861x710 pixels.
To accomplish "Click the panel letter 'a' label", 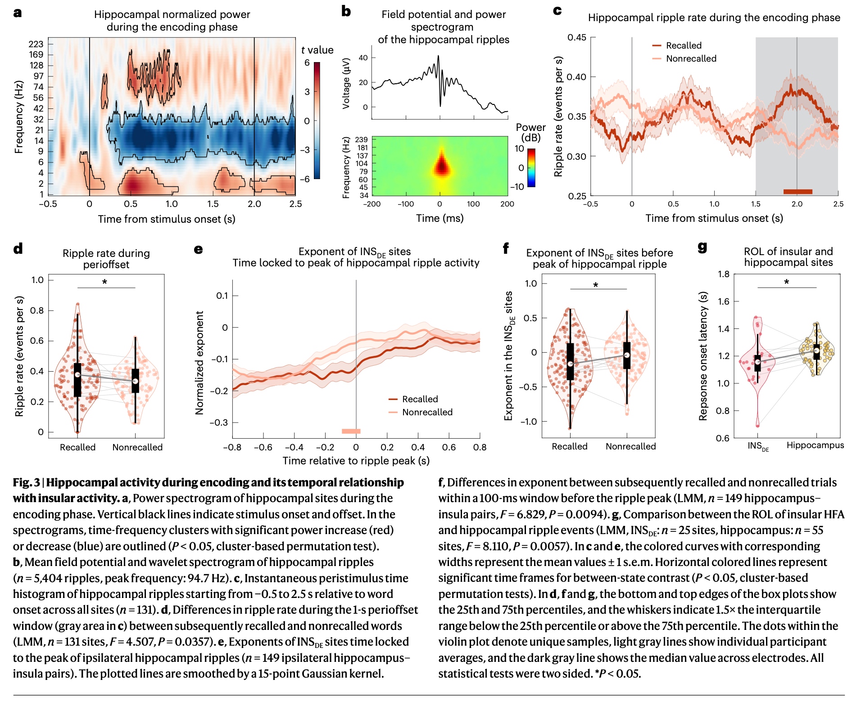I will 18,13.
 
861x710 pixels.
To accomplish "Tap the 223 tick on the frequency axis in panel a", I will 36,44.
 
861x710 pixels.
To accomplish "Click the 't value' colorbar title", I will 317,50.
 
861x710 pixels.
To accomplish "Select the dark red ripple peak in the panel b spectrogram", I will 441,166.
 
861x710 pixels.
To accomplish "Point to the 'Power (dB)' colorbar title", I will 530,133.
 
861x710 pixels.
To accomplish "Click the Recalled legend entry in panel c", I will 683,45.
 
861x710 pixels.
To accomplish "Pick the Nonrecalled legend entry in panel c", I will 691,58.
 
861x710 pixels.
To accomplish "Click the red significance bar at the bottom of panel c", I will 798,192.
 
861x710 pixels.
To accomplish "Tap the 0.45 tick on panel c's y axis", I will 577,37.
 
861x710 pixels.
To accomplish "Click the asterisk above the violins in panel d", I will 105,283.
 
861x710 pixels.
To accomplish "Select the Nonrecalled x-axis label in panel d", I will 137,447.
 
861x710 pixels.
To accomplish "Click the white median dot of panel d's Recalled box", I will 77,375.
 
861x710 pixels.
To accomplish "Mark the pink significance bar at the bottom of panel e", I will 351,431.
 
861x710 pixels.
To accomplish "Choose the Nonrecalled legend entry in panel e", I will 427,412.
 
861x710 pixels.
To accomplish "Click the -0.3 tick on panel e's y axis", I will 219,422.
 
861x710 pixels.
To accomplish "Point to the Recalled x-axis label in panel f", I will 570,446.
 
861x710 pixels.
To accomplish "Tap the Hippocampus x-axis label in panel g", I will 815,445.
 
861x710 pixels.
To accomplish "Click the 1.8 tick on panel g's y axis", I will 724,274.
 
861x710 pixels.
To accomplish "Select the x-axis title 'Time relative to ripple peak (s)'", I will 356,461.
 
